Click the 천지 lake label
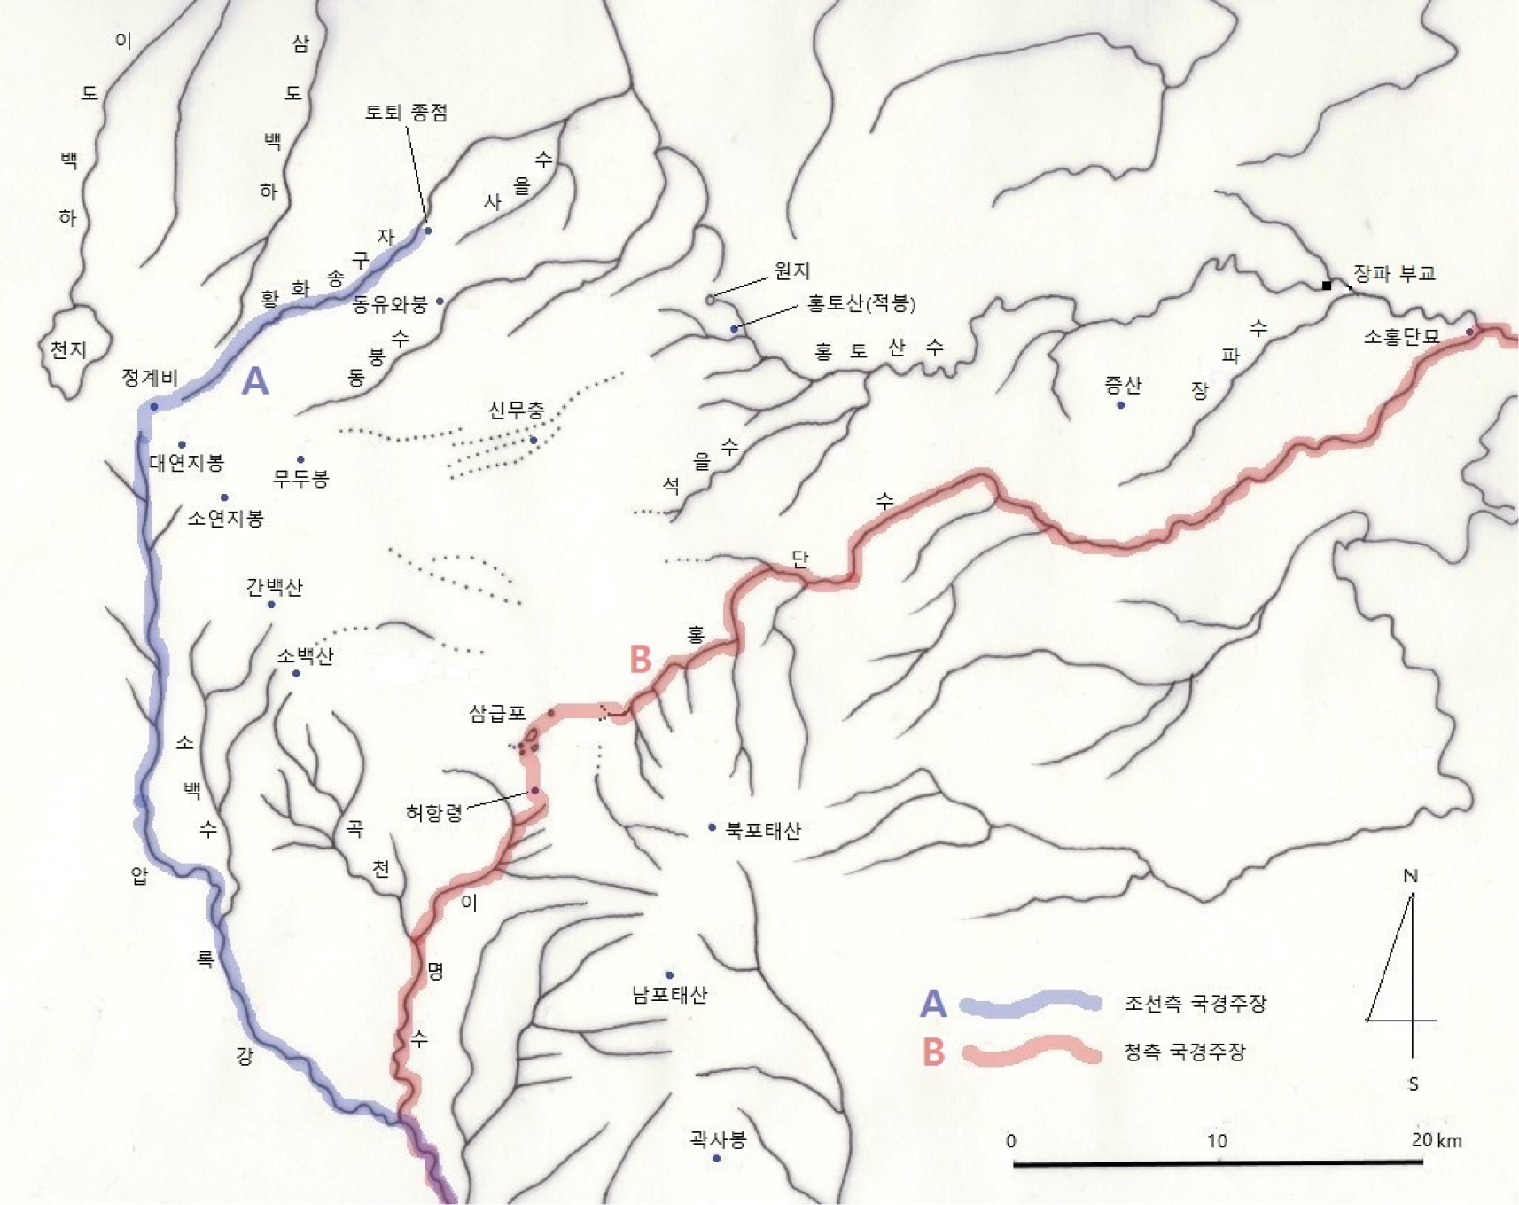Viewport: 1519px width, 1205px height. pyautogui.click(x=68, y=349)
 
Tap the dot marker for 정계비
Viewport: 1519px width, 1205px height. pyautogui.click(x=154, y=406)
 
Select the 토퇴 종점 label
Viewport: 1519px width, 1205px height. pyautogui.click(x=407, y=113)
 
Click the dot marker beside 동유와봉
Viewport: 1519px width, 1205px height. pyautogui.click(x=440, y=301)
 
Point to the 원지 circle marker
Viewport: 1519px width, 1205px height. pyautogui.click(x=711, y=300)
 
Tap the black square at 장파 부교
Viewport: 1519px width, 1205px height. pyautogui.click(x=1327, y=286)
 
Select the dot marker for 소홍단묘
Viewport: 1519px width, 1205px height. pyautogui.click(x=1469, y=332)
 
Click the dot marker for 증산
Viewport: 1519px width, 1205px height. pyautogui.click(x=1120, y=405)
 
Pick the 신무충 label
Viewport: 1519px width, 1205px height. pyautogui.click(x=516, y=411)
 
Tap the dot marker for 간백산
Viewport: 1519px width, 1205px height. pyautogui.click(x=271, y=605)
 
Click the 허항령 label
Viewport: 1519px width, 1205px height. pyautogui.click(x=434, y=812)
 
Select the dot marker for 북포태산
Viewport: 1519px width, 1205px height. pyautogui.click(x=712, y=827)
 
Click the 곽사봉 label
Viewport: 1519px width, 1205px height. pyautogui.click(x=718, y=1138)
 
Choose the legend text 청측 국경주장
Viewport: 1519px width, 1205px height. pyautogui.click(x=1185, y=1052)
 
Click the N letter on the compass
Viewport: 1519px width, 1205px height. pyautogui.click(x=1411, y=876)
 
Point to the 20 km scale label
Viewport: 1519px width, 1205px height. pyautogui.click(x=1437, y=1140)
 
